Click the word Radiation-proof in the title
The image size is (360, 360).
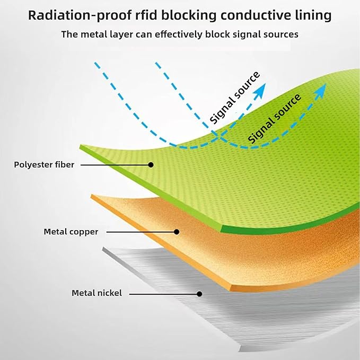(x=80, y=15)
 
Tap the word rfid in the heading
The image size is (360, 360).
(x=146, y=15)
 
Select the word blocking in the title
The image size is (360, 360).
(x=189, y=15)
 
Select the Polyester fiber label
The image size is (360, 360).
(x=44, y=165)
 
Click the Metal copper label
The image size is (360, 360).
(x=71, y=232)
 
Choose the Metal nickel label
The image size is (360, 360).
(x=97, y=293)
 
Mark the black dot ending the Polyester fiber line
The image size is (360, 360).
(x=151, y=164)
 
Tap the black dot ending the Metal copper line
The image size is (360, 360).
(x=177, y=232)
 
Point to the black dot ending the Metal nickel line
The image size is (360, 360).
(x=199, y=294)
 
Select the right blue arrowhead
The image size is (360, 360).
(x=320, y=91)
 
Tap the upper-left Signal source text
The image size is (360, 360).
(x=235, y=98)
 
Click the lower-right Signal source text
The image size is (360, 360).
(x=274, y=119)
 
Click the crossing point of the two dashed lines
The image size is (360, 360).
(x=218, y=137)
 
